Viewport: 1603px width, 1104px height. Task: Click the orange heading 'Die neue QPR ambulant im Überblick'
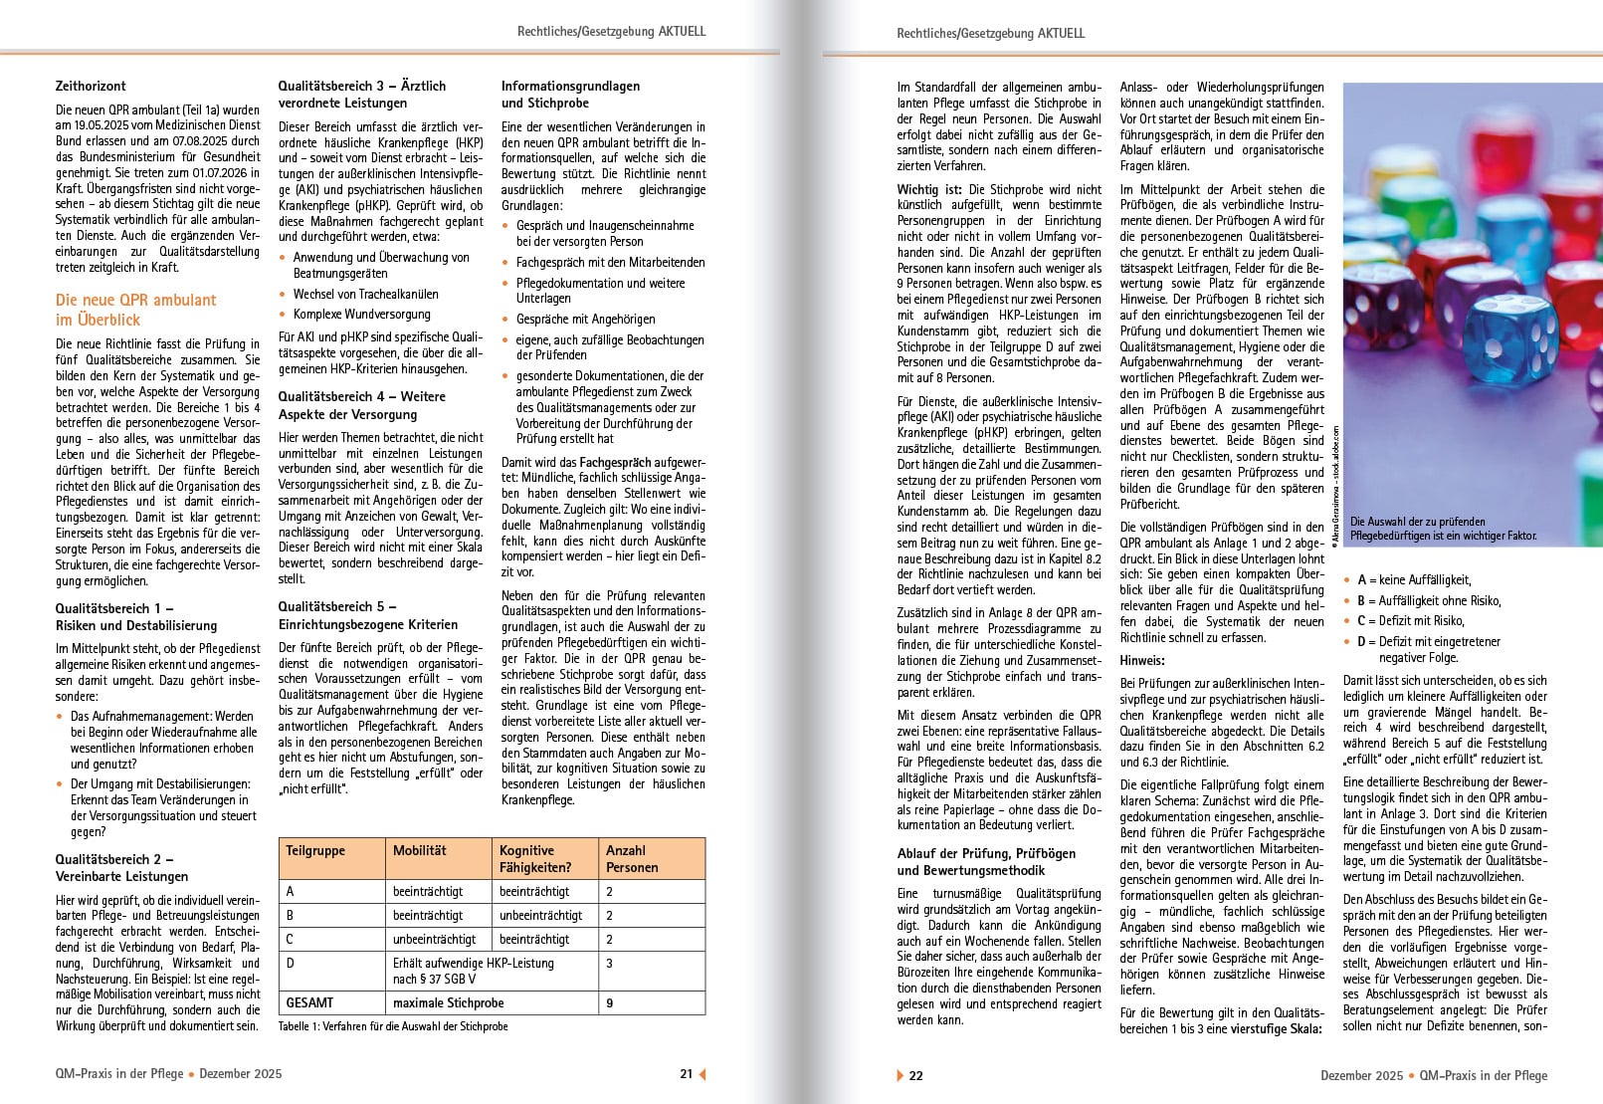click(136, 310)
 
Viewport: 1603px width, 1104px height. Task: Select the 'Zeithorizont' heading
click(91, 87)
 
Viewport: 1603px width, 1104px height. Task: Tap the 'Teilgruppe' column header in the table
click(315, 851)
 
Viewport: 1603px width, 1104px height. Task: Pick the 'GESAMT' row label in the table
click(309, 1002)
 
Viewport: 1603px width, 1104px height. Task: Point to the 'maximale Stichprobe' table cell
click(448, 1002)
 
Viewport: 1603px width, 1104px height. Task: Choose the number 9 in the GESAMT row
click(610, 1002)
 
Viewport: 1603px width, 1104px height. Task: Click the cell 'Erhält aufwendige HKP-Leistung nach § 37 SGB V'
click(473, 971)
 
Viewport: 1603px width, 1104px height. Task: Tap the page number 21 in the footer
click(686, 1074)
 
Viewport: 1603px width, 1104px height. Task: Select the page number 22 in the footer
click(916, 1075)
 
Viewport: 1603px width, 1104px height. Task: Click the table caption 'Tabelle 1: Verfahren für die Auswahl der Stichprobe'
click(392, 1026)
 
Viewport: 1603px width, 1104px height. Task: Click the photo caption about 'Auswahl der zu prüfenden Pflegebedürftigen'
click(1443, 529)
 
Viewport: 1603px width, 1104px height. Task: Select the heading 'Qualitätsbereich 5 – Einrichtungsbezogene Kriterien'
click(368, 615)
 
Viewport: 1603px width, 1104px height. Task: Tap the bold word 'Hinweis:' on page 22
click(1142, 660)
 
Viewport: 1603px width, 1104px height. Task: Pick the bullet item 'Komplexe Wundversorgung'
click(361, 315)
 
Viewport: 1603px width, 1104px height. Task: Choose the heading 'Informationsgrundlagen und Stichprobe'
click(570, 95)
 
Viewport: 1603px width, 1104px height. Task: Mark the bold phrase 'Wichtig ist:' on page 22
click(930, 189)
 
